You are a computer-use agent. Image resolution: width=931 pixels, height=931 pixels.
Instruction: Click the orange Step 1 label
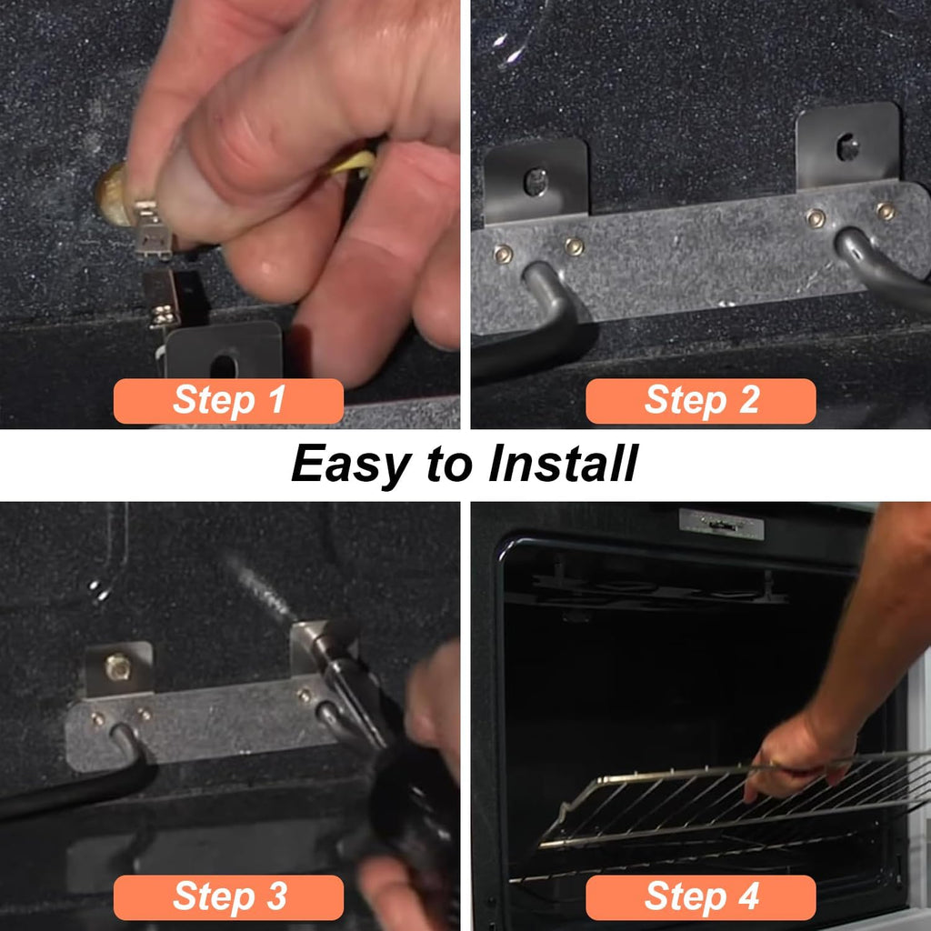coord(228,401)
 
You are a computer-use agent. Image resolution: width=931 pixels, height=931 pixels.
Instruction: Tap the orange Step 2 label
coord(701,401)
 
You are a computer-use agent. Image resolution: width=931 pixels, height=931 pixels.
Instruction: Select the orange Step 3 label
coord(228,897)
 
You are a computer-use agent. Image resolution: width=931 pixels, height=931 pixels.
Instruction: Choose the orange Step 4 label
coord(701,897)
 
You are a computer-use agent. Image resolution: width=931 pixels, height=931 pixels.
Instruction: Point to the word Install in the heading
coord(563,463)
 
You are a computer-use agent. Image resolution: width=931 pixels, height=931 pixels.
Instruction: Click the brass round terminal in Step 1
coord(113,195)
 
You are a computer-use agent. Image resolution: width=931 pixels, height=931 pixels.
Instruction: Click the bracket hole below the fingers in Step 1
coord(224,365)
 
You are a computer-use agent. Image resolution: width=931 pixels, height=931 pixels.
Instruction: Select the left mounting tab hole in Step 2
coord(536,182)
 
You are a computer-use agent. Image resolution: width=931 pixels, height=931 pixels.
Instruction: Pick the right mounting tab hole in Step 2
coord(847,148)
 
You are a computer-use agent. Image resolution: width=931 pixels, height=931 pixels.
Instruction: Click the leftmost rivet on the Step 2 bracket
coord(504,255)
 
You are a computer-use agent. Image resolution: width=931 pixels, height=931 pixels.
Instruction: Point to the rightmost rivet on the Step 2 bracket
coord(886,211)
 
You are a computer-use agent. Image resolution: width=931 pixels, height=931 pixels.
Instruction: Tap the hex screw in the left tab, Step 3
coord(117,667)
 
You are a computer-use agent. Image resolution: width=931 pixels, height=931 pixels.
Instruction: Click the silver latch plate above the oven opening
coord(721,524)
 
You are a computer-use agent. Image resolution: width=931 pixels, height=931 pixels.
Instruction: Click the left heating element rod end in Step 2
coord(544,282)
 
